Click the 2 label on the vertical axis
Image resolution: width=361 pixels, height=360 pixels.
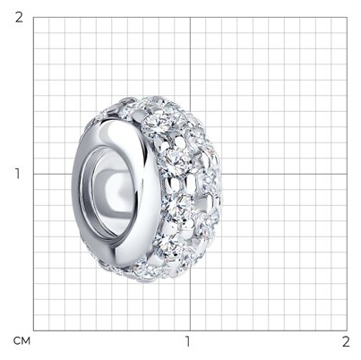tap(19, 18)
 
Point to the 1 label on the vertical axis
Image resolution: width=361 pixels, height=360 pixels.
tap(18, 174)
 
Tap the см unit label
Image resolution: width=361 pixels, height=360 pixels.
tap(21, 341)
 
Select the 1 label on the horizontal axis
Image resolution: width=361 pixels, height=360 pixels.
tap(187, 341)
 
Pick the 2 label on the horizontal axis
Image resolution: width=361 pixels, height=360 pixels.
tap(346, 341)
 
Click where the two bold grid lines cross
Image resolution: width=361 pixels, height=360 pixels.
tap(190, 174)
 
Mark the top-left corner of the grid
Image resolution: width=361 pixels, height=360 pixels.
tap(33, 17)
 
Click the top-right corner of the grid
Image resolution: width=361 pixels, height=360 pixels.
tap(347, 17)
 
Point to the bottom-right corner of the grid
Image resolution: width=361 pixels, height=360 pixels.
tap(347, 330)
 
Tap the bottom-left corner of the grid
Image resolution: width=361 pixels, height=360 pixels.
tap(33, 330)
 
